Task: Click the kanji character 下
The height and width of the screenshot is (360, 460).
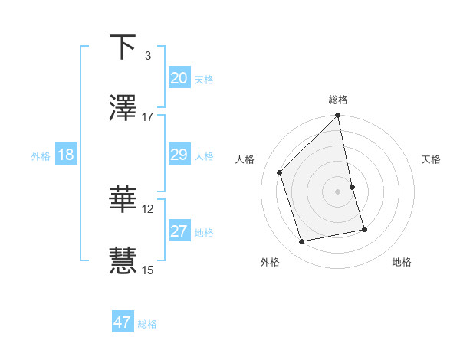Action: tap(123, 47)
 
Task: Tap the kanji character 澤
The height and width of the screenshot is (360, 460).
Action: tap(123, 109)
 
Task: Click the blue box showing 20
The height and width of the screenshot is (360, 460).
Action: tap(179, 77)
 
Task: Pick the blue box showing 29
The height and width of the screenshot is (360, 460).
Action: tap(179, 155)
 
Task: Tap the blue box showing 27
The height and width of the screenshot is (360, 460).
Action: tap(179, 231)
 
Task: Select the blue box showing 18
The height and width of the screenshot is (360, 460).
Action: tap(66, 155)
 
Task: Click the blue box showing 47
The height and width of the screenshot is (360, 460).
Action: tap(123, 322)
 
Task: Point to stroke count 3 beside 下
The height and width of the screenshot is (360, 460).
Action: tap(147, 56)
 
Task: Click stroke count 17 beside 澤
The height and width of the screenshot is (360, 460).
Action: tap(148, 117)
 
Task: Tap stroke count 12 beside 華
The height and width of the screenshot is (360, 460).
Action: tap(148, 208)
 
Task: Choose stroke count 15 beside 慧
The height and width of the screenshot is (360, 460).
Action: tap(148, 270)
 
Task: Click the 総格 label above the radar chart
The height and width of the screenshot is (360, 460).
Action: tap(338, 100)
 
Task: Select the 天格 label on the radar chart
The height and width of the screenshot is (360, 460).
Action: tap(432, 159)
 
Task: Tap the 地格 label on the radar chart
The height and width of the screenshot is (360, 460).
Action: tap(402, 262)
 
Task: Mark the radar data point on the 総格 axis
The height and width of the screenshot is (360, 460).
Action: tap(338, 116)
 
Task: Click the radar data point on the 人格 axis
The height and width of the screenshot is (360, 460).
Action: tap(280, 172)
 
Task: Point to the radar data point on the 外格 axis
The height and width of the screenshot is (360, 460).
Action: tap(302, 242)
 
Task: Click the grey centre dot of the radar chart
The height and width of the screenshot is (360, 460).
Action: tap(338, 191)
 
